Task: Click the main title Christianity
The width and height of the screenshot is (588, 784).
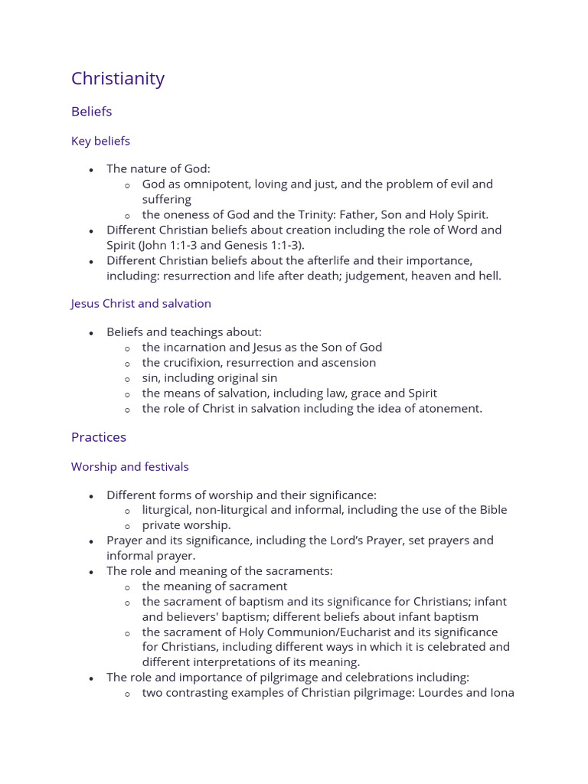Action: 118,79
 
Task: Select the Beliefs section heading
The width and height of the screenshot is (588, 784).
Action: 91,112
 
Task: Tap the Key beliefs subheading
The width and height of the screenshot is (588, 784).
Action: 100,141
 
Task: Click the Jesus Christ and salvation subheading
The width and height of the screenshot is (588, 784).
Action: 141,303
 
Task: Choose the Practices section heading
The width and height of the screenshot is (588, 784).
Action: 99,437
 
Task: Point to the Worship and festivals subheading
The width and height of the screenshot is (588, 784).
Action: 129,466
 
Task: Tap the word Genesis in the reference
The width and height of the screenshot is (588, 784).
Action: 247,246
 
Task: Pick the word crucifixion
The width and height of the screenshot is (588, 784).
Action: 199,363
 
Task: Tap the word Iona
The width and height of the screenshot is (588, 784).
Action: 500,694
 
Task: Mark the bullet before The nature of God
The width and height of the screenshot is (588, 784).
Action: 91,169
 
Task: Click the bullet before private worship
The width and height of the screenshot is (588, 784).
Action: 127,526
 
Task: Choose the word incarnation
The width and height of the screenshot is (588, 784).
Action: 199,348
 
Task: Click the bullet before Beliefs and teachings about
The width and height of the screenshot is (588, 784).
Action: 91,333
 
